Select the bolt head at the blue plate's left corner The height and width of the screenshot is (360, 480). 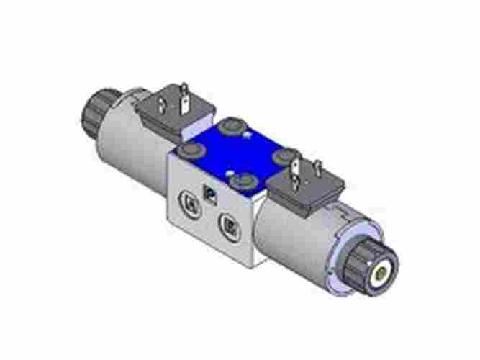pyautogui.click(x=191, y=151)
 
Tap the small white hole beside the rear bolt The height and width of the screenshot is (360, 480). pyautogui.click(x=247, y=135)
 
